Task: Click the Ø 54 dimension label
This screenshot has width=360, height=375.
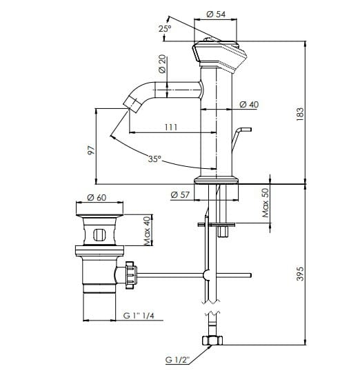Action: tap(218, 14)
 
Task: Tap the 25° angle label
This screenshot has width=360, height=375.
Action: tap(165, 28)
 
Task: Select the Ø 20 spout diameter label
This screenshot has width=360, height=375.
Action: tap(161, 65)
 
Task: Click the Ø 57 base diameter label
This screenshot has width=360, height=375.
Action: tap(180, 195)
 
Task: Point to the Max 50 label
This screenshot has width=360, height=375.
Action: tap(265, 203)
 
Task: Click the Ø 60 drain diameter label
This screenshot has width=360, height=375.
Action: tap(97, 198)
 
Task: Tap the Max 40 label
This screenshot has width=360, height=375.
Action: tap(146, 230)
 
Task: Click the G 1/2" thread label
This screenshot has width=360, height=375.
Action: tap(179, 358)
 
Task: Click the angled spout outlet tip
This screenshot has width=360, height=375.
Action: tap(130, 105)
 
